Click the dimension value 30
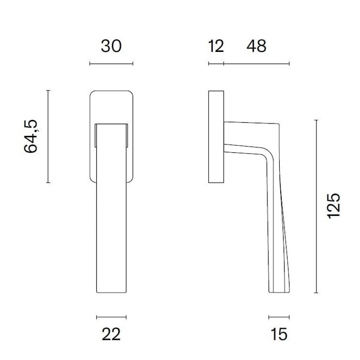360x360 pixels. pyautogui.click(x=111, y=46)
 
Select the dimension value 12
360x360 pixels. pyautogui.click(x=216, y=46)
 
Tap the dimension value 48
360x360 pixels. pyautogui.click(x=257, y=46)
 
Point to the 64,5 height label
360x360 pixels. pyautogui.click(x=30, y=136)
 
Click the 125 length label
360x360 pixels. pyautogui.click(x=333, y=206)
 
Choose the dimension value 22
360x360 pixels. pyautogui.click(x=111, y=334)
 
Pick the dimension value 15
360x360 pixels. pyautogui.click(x=279, y=334)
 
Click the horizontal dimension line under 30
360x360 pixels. pyautogui.click(x=111, y=64)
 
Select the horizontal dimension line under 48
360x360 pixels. pyautogui.click(x=257, y=64)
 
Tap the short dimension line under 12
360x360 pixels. pyautogui.click(x=216, y=64)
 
